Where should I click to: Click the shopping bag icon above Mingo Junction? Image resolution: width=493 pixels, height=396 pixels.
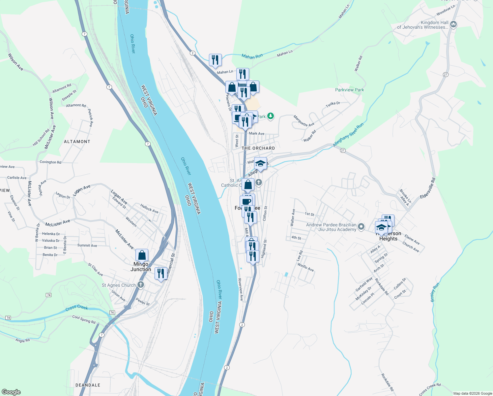coord(142,255)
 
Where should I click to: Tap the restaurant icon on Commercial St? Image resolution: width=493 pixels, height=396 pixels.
coord(161,274)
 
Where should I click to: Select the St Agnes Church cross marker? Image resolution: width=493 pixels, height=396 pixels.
coord(141,285)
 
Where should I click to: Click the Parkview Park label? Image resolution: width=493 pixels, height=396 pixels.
coord(349,90)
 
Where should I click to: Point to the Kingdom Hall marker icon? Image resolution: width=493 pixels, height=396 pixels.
coord(453,24)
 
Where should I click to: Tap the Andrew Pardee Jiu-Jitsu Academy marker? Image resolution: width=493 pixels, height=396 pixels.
coord(361,226)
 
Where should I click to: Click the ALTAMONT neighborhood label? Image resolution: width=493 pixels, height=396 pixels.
coord(77,142)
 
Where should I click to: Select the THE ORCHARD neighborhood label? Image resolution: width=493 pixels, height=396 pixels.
coord(258,148)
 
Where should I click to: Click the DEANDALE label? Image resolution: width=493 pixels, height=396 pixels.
coord(88,385)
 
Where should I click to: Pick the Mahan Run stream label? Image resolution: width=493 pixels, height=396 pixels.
coord(252,56)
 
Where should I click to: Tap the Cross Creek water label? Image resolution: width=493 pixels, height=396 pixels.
coord(77,308)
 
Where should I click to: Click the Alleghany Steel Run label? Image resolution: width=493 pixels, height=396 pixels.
coord(348,135)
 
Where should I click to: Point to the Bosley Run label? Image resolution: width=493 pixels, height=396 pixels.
coord(435,292)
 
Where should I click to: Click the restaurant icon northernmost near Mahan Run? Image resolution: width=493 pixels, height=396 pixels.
coord(215,60)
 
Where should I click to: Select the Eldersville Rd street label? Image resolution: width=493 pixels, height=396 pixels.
coord(428,188)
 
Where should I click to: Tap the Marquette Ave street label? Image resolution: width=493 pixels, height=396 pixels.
coord(304,121)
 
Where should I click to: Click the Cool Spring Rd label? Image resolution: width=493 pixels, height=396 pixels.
coord(84,319)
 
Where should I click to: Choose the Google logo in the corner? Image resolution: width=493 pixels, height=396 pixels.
coord(11,392)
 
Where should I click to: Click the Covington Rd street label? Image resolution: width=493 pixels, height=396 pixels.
coord(50,162)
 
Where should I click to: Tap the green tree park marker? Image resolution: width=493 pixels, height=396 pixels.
coord(270,116)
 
